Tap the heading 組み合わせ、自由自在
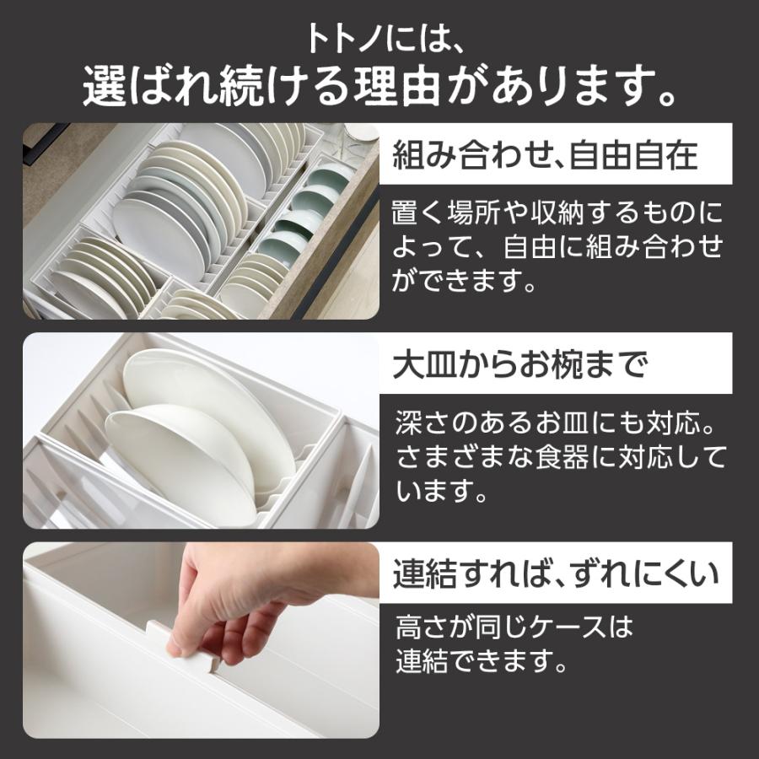(x=546, y=155)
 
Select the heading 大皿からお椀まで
(x=520, y=365)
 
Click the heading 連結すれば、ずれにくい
(x=557, y=575)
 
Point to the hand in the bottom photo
(x=245, y=595)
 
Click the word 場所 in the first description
(x=481, y=213)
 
